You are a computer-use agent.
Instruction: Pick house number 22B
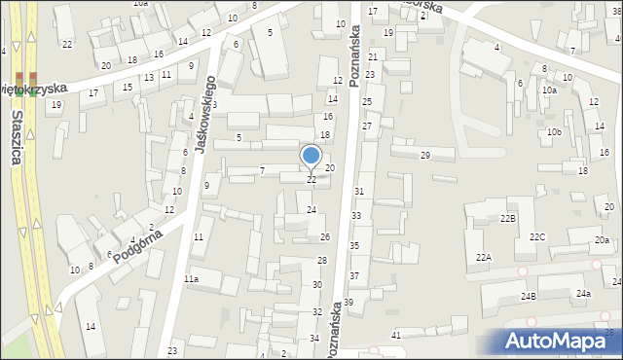point(508,219)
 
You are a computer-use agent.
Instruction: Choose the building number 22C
point(537,237)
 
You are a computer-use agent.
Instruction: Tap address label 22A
point(484,257)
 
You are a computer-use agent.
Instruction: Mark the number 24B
point(528,295)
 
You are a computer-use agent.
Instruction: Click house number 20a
point(603,240)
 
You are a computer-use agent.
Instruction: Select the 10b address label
point(554,131)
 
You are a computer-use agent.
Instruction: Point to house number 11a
point(192,279)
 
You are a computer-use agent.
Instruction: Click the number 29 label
point(424,156)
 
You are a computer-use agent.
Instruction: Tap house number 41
point(396,335)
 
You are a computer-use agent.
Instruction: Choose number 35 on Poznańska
point(354,246)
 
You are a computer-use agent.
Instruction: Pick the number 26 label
point(325,237)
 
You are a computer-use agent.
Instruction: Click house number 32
point(316,311)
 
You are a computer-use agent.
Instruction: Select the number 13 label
point(148,77)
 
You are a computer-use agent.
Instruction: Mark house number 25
point(367,101)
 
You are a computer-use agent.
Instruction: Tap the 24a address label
point(582,294)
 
